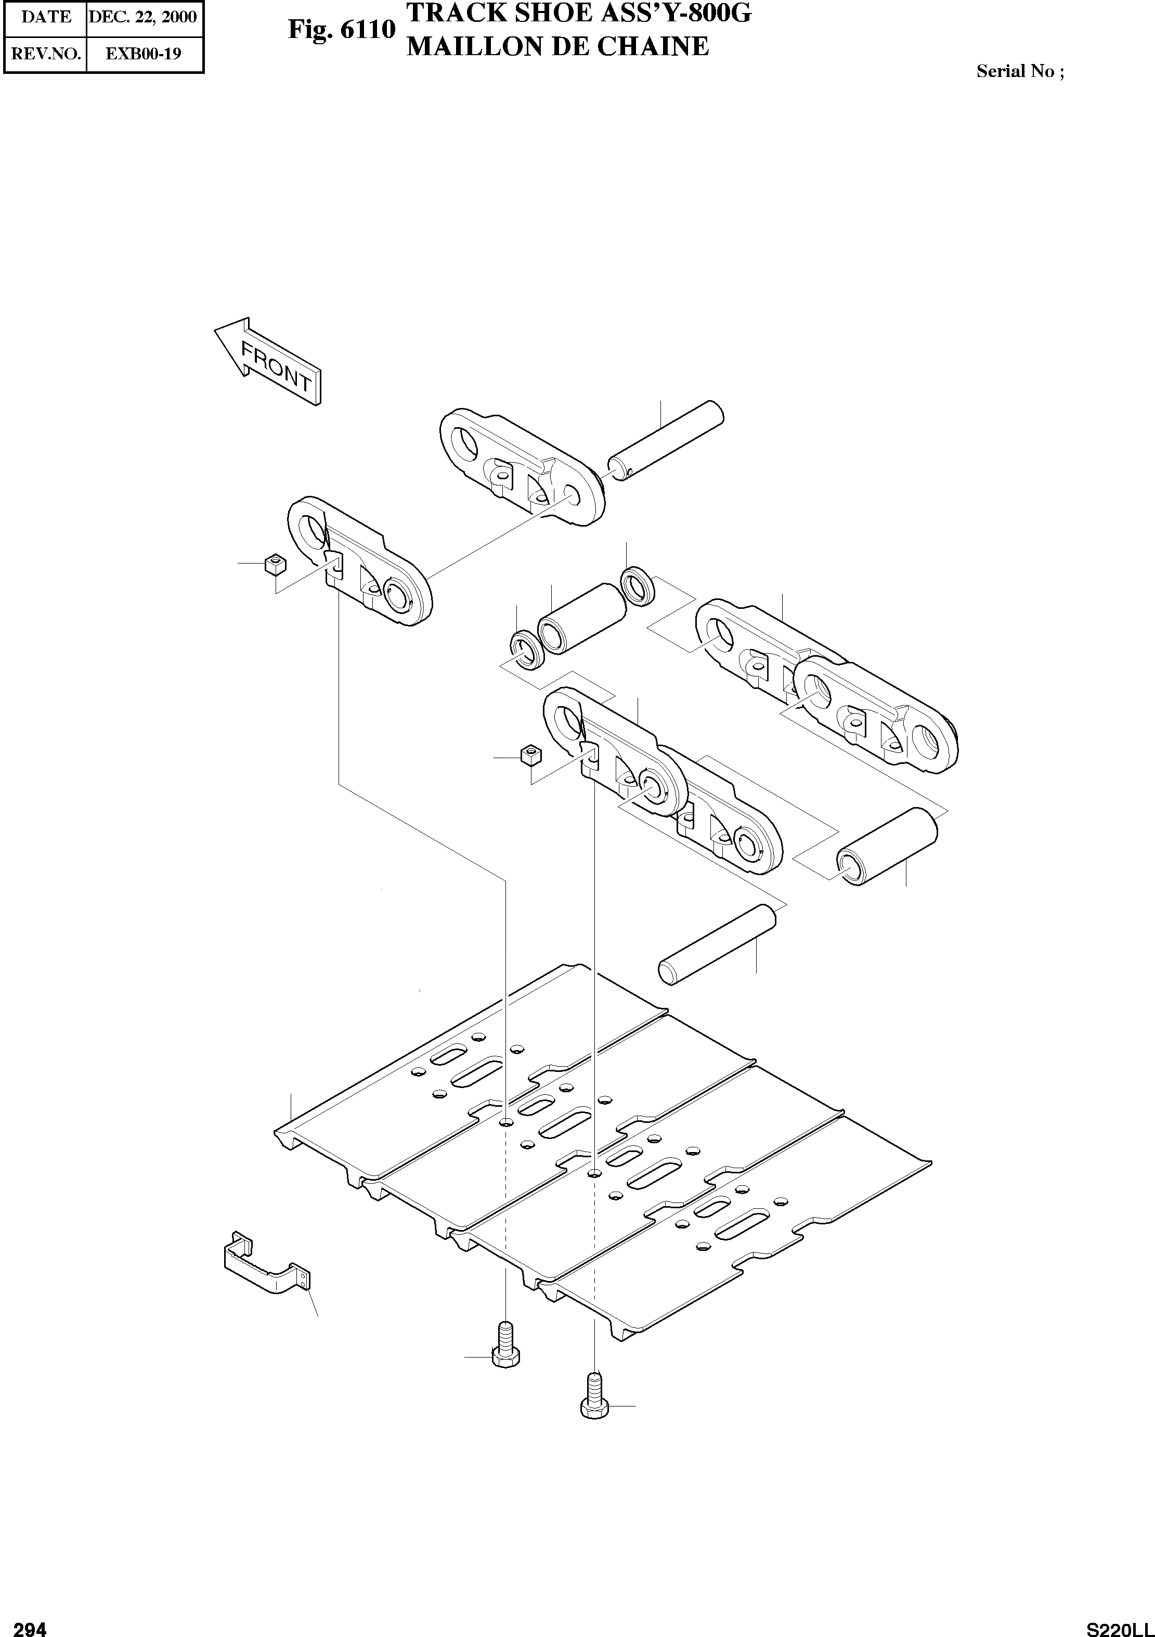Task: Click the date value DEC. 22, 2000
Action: point(142,17)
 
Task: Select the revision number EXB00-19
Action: point(143,54)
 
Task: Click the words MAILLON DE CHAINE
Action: point(557,47)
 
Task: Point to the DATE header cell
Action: point(46,17)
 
